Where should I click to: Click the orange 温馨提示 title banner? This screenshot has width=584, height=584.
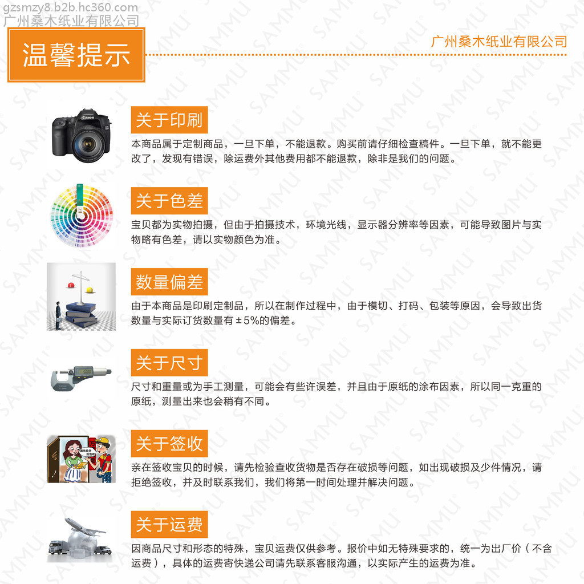click(x=76, y=55)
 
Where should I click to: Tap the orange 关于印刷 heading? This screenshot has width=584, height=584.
click(x=169, y=120)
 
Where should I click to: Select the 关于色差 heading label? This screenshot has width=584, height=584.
click(x=169, y=201)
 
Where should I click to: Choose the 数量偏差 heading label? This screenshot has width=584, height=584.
click(x=169, y=282)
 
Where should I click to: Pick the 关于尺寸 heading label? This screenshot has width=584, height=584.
click(x=169, y=362)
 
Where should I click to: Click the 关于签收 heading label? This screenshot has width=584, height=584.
click(x=169, y=443)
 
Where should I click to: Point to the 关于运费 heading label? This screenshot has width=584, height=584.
click(x=169, y=525)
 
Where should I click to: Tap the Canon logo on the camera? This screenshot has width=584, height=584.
click(x=88, y=117)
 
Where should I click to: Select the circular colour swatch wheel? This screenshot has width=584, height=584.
click(x=82, y=216)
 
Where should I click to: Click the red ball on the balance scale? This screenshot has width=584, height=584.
click(x=71, y=285)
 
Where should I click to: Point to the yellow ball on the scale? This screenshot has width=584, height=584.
click(x=90, y=289)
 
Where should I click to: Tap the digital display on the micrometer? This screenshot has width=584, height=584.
click(x=86, y=371)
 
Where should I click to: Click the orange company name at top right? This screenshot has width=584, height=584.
click(x=499, y=41)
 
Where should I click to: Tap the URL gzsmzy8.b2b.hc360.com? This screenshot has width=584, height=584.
click(x=70, y=7)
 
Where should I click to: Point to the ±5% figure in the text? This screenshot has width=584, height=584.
click(x=248, y=321)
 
